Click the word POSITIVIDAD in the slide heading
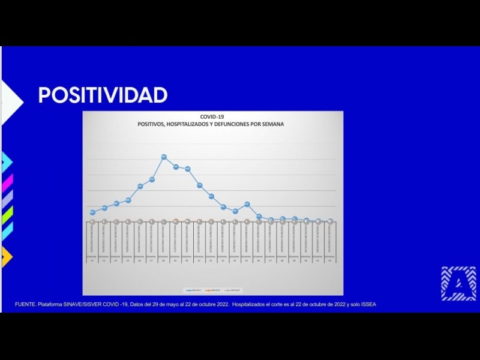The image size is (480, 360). pyautogui.click(x=103, y=95)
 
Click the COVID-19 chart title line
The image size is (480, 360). pyautogui.click(x=212, y=117)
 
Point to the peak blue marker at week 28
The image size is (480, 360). pyautogui.click(x=164, y=157)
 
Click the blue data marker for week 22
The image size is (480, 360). pyautogui.click(x=92, y=212)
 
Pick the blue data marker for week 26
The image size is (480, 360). pyautogui.click(x=140, y=187)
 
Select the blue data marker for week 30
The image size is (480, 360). pyautogui.click(x=188, y=169)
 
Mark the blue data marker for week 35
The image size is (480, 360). pyautogui.click(x=247, y=204)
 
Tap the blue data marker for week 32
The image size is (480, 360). pyautogui.click(x=211, y=196)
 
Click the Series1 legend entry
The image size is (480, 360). pyautogui.click(x=193, y=290)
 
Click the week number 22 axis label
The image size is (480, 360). pyautogui.click(x=92, y=260)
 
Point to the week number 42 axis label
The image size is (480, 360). pyautogui.click(x=330, y=260)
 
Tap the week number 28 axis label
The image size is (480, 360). pyautogui.click(x=164, y=260)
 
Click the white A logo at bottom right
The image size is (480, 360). pyautogui.click(x=458, y=284)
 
